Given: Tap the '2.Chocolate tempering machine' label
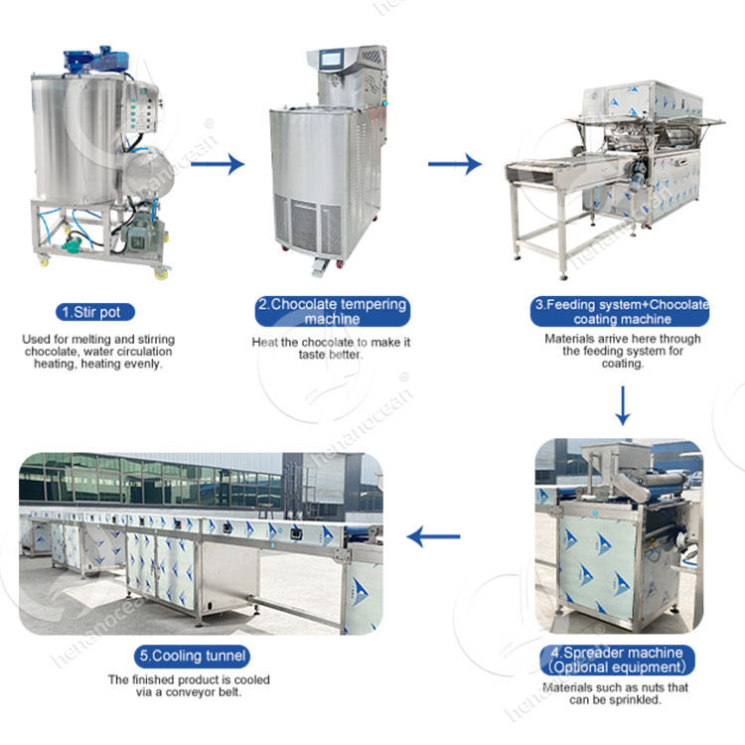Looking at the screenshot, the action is [x=333, y=312].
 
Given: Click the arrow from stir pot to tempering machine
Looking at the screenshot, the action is [x=218, y=163].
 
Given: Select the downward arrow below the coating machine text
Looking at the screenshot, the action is [x=623, y=405].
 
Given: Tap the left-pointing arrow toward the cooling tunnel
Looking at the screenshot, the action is [x=434, y=538].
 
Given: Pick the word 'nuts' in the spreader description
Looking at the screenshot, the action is [x=658, y=687].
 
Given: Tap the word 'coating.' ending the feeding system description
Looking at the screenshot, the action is [x=623, y=364].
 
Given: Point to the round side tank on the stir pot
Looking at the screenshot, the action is [x=146, y=171].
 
